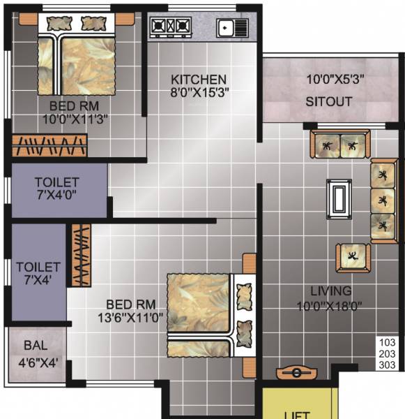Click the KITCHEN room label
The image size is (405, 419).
(x=199, y=79)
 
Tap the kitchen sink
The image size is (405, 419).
(x=231, y=28)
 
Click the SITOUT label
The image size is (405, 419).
(x=328, y=101)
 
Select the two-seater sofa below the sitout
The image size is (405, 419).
(x=341, y=145)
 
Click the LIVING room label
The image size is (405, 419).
(x=331, y=291)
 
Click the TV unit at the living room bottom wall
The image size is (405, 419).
(x=298, y=372)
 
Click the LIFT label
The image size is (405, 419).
(x=298, y=414)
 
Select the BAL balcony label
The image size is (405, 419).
(x=36, y=345)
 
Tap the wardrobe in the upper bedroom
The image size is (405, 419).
(x=50, y=145)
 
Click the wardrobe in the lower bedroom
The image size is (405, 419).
(x=82, y=255)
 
